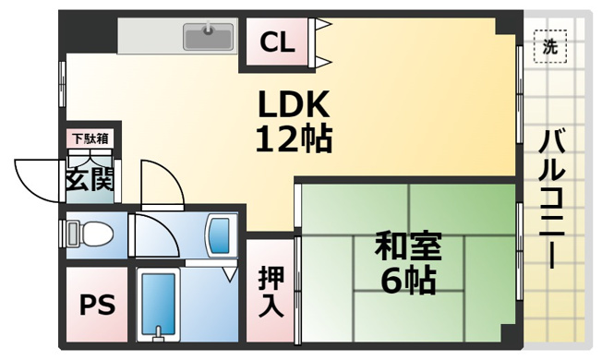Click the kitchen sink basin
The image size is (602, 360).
[x=208, y=37]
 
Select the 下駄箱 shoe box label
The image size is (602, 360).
[x=90, y=139]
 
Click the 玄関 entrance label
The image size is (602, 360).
[x=90, y=178]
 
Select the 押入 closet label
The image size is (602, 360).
[x=271, y=291]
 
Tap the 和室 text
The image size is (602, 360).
[x=407, y=247]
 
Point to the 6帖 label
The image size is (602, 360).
[x=407, y=280]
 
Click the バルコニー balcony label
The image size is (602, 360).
[x=554, y=198]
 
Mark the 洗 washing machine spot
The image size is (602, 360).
[x=550, y=47]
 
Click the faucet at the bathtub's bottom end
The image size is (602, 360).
[x=161, y=331]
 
